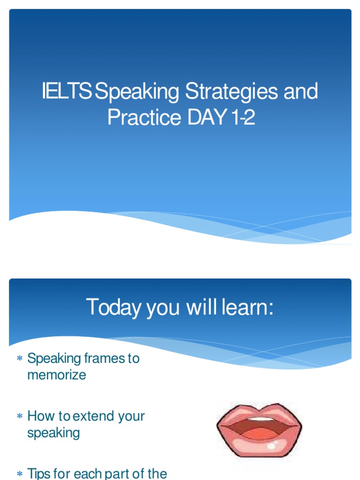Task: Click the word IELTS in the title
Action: (x=66, y=92)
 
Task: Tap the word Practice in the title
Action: (x=144, y=117)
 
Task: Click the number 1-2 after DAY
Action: (x=243, y=117)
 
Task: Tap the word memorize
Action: (x=57, y=375)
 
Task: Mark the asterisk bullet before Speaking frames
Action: (x=20, y=359)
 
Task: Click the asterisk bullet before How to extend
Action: (x=20, y=416)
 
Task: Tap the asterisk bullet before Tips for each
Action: (x=20, y=474)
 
